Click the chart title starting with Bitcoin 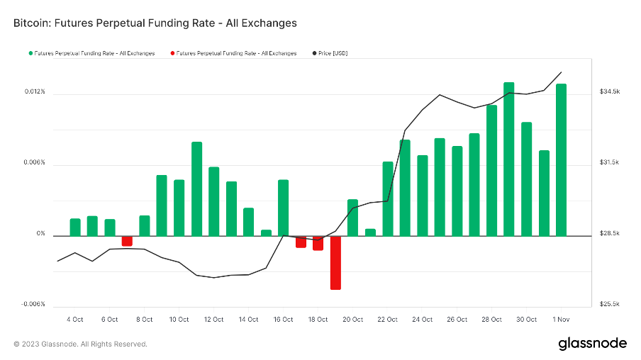point(155,23)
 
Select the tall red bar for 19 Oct point(335,262)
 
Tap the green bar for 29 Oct point(508,159)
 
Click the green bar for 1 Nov point(561,159)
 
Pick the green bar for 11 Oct point(196,189)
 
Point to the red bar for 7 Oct point(127,241)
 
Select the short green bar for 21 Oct point(370,232)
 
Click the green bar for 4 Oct point(75,227)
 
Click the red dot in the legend point(172,53)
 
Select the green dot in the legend point(30,53)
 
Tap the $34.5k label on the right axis point(610,92)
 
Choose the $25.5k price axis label point(610,304)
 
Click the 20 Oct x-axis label point(352,320)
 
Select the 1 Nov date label point(561,320)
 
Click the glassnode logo point(592,343)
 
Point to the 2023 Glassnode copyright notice point(81,344)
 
